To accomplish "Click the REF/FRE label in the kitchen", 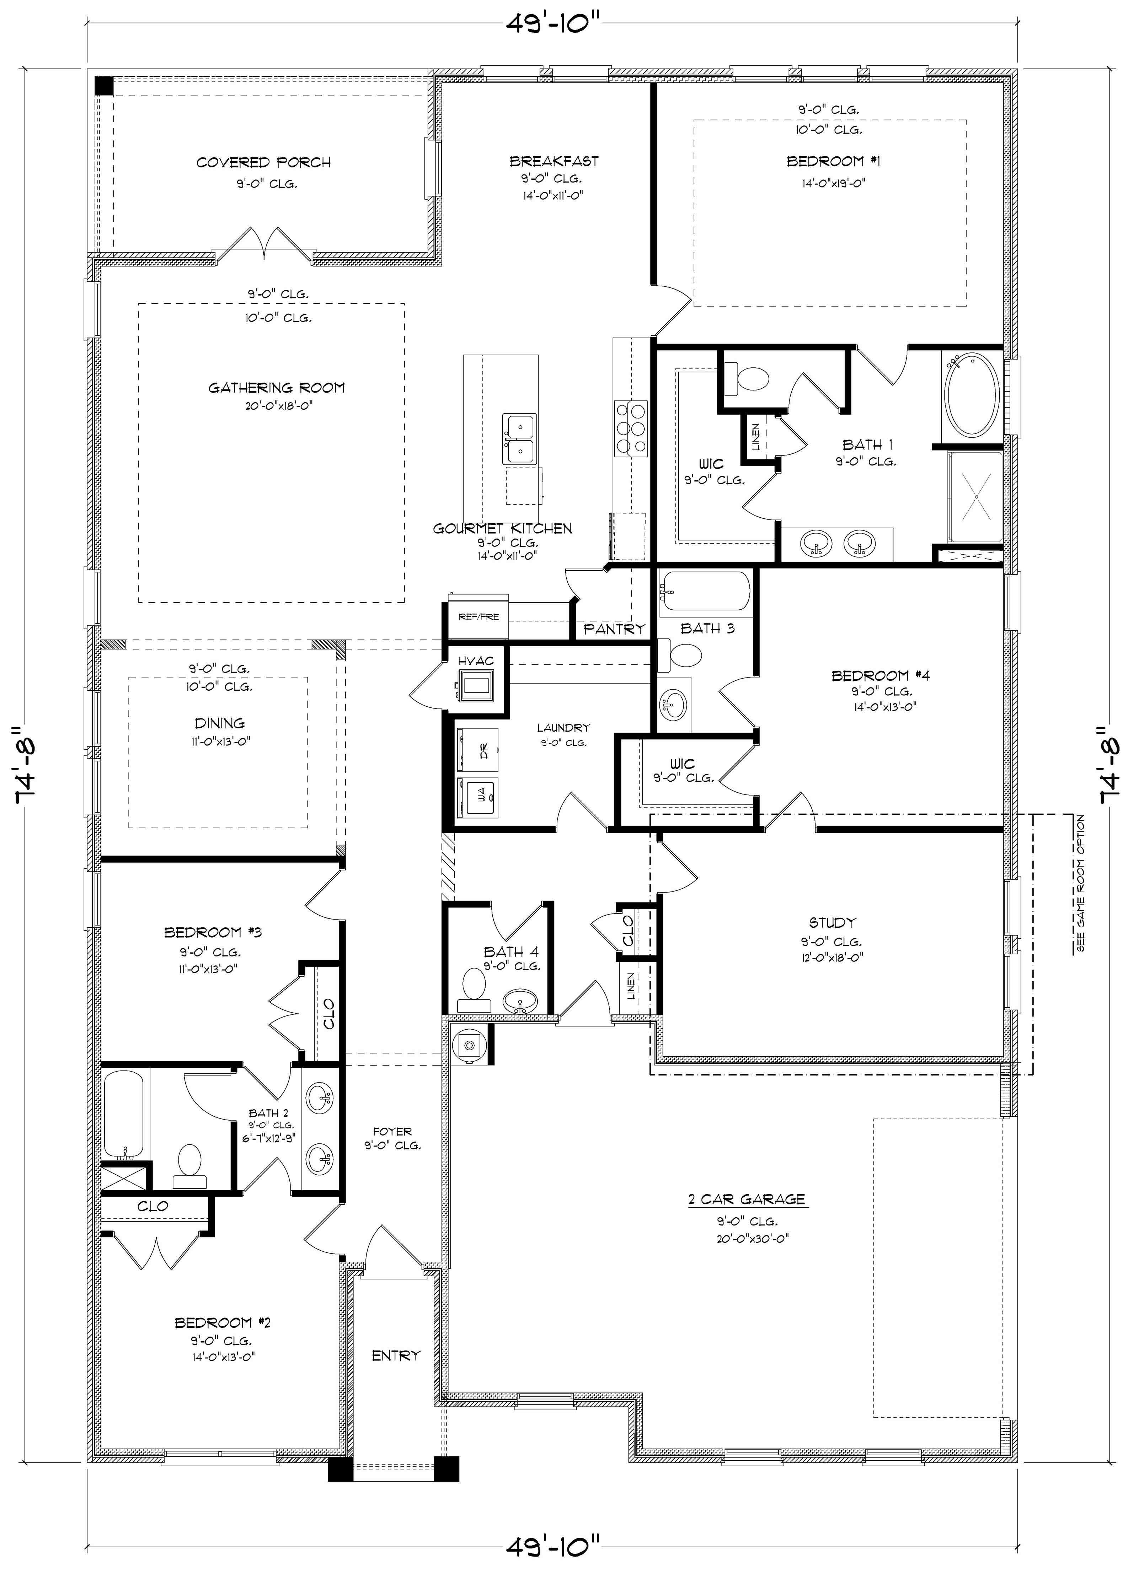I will (478, 616).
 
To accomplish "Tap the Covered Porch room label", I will (264, 163).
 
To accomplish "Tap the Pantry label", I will (614, 629).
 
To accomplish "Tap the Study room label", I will (833, 923).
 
